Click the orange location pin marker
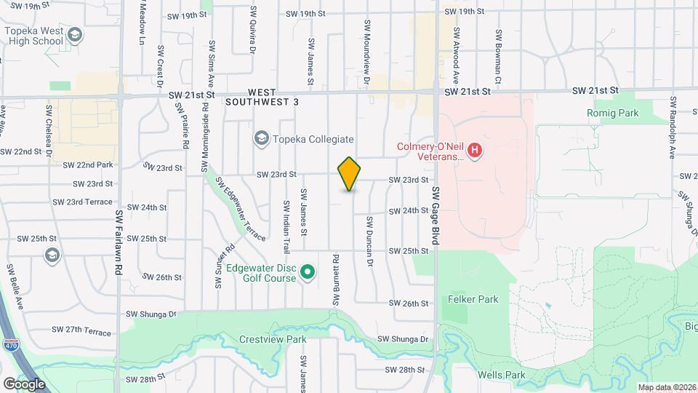coord(350,174)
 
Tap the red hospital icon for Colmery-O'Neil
coord(475,151)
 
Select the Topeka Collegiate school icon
coord(260,138)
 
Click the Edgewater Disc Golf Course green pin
coord(307,273)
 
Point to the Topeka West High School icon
coord(74,34)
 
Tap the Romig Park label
coord(612,113)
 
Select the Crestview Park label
coord(273,339)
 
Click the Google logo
coord(23,384)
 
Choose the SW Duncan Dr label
coord(369,240)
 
